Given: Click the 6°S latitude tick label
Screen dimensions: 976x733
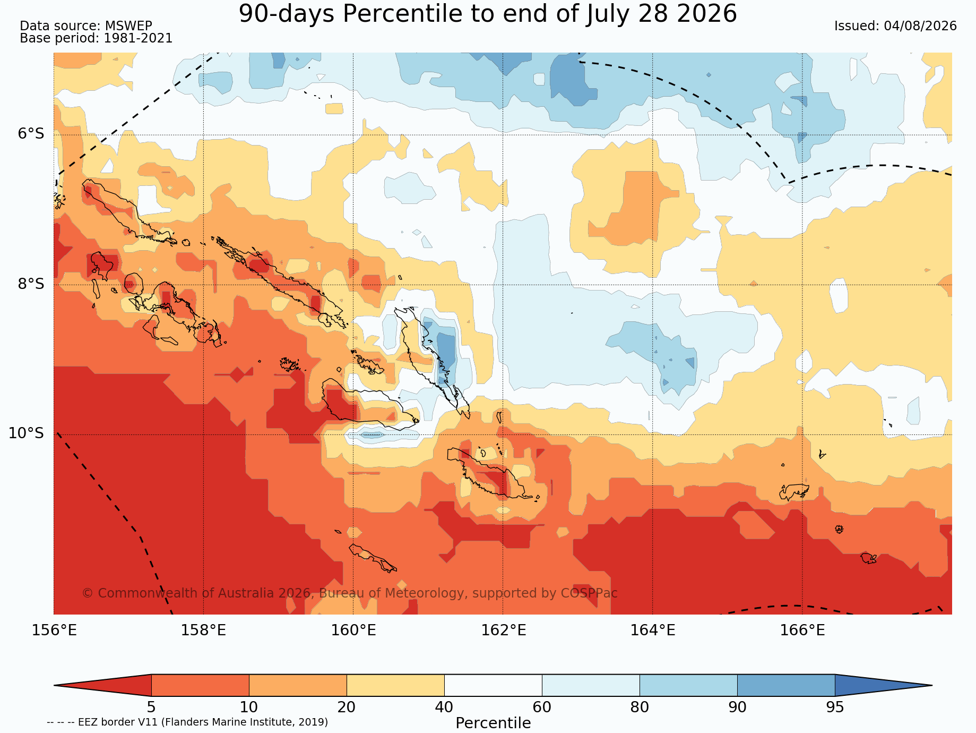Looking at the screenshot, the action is [31, 134].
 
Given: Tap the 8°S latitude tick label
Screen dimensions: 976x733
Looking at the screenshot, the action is [31, 284].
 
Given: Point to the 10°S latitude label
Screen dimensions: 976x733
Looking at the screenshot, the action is [26, 433].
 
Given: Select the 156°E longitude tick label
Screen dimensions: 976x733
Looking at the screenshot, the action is [54, 630].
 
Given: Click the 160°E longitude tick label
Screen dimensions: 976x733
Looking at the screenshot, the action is [353, 630].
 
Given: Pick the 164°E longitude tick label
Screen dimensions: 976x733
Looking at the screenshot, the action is [653, 630].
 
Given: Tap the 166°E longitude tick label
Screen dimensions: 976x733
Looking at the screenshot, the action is [802, 630].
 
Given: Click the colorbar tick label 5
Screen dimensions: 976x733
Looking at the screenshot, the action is [151, 708].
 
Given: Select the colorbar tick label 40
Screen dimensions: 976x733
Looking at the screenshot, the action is [444, 708].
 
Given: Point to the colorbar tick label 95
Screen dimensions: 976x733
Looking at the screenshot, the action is [835, 708].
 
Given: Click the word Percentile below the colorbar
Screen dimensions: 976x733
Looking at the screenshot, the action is [493, 723].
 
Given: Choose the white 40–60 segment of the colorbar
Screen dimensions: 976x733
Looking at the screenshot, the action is [493, 685].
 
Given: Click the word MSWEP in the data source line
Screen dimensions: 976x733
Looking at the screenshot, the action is [128, 26].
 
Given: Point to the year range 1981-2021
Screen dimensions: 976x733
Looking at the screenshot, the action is [138, 38].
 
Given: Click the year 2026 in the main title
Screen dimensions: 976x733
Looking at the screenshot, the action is [707, 14].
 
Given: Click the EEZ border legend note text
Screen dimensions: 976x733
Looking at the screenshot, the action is [187, 722].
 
